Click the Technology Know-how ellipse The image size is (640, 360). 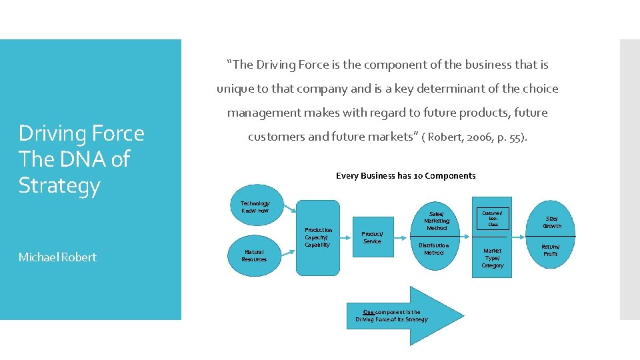pos(255,207)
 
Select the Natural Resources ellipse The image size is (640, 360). pos(254,255)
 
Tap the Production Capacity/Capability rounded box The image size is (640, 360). pos(317,237)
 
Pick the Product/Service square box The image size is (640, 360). pos(372,237)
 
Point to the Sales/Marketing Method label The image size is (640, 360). pos(437,221)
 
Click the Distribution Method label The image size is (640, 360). pos(433,249)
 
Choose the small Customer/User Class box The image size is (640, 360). pos(493,217)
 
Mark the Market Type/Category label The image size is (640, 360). pos(493,258)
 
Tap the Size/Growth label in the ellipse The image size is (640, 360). pos(552,222)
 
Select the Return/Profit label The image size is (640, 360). pos(550,250)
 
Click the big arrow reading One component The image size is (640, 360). pos(407,315)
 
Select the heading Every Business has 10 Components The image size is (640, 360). pos(405,176)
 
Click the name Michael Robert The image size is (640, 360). pos(57,257)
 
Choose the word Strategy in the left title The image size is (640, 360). pos(59,185)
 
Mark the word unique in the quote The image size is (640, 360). pos(235,89)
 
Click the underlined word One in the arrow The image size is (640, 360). pos(368,311)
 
